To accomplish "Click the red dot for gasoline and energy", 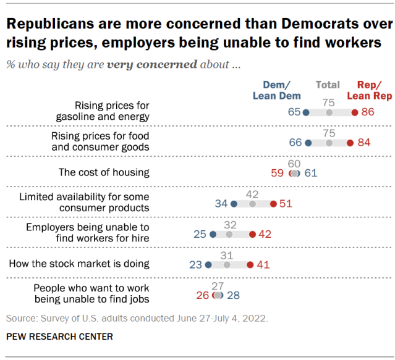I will point(354,112).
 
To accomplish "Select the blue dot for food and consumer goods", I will point(308,143).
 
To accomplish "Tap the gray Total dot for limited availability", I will point(252,203).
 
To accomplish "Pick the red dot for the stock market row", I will point(250,264).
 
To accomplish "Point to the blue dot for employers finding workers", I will point(213,234).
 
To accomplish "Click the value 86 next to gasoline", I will point(368,112).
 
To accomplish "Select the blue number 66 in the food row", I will point(295,143).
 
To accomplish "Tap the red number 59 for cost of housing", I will point(278,174).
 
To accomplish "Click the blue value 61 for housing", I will point(311,174).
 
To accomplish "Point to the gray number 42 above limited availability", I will point(252,193).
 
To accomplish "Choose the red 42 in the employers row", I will point(265,234).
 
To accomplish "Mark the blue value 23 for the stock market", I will point(196,264).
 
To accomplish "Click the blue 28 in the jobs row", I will point(234,295).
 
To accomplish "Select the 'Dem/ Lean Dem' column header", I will point(276,90).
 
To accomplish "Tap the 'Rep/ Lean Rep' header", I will point(369,90).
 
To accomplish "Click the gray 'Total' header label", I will point(328,85).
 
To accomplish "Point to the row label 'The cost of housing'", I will point(104,173).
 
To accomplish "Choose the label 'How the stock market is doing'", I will point(79,264).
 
